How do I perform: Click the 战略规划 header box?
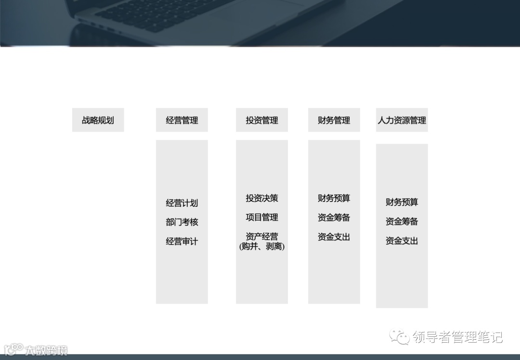pyautogui.click(x=98, y=120)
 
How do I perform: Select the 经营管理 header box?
pyautogui.click(x=182, y=120)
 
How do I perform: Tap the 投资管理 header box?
pyautogui.click(x=261, y=120)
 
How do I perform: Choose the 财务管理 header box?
pyautogui.click(x=334, y=120)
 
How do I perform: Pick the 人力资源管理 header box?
pyautogui.click(x=402, y=120)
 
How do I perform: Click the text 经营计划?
pyautogui.click(x=182, y=203)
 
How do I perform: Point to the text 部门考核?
pyautogui.click(x=182, y=222)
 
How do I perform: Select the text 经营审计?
pyautogui.click(x=182, y=241)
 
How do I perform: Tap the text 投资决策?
pyautogui.click(x=261, y=198)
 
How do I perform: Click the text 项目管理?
pyautogui.click(x=261, y=217)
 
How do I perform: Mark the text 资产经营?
pyautogui.click(x=261, y=237)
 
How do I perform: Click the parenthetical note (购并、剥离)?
pyautogui.click(x=261, y=246)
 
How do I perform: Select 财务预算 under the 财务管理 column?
pyautogui.click(x=334, y=198)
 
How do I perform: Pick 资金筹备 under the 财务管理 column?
pyautogui.click(x=334, y=217)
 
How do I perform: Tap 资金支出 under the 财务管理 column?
pyautogui.click(x=334, y=237)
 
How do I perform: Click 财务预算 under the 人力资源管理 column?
pyautogui.click(x=402, y=202)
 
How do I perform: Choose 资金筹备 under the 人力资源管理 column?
pyautogui.click(x=402, y=221)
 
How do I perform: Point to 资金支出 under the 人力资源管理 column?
pyautogui.click(x=402, y=240)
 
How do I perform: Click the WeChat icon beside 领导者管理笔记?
pyautogui.click(x=400, y=336)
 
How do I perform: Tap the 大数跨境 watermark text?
pyautogui.click(x=46, y=350)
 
